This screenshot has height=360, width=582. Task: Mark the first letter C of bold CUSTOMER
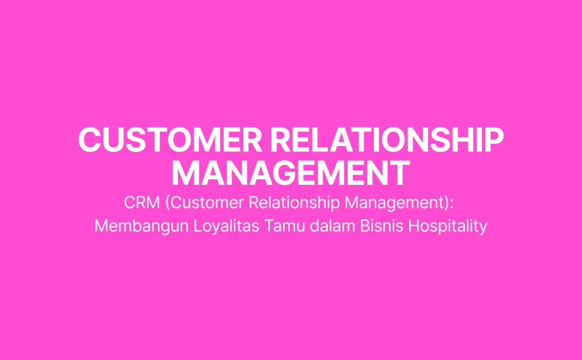click(x=88, y=139)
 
